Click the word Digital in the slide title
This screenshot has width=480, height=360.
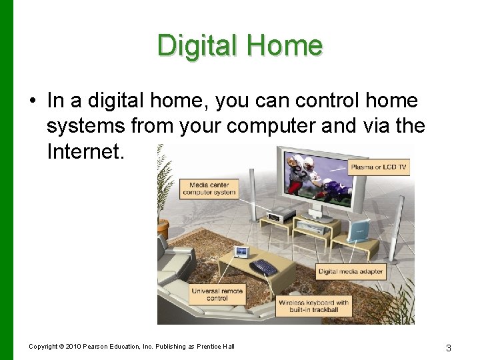click(197, 45)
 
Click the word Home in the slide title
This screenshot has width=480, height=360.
click(285, 45)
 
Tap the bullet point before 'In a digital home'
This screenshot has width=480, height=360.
click(31, 101)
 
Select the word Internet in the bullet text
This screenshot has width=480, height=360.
click(85, 151)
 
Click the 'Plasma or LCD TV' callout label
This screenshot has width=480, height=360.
click(378, 167)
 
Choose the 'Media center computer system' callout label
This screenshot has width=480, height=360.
click(212, 189)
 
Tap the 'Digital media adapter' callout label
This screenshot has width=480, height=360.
click(350, 271)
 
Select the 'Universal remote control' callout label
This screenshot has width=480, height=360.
click(217, 295)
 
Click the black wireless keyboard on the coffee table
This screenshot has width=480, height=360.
click(264, 267)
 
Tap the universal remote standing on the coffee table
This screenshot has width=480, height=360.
click(241, 253)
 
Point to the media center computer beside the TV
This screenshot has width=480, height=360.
click(281, 214)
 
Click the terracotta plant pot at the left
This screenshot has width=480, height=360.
click(163, 229)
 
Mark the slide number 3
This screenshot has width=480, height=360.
click(449, 347)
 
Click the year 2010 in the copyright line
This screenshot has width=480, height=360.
click(74, 347)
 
